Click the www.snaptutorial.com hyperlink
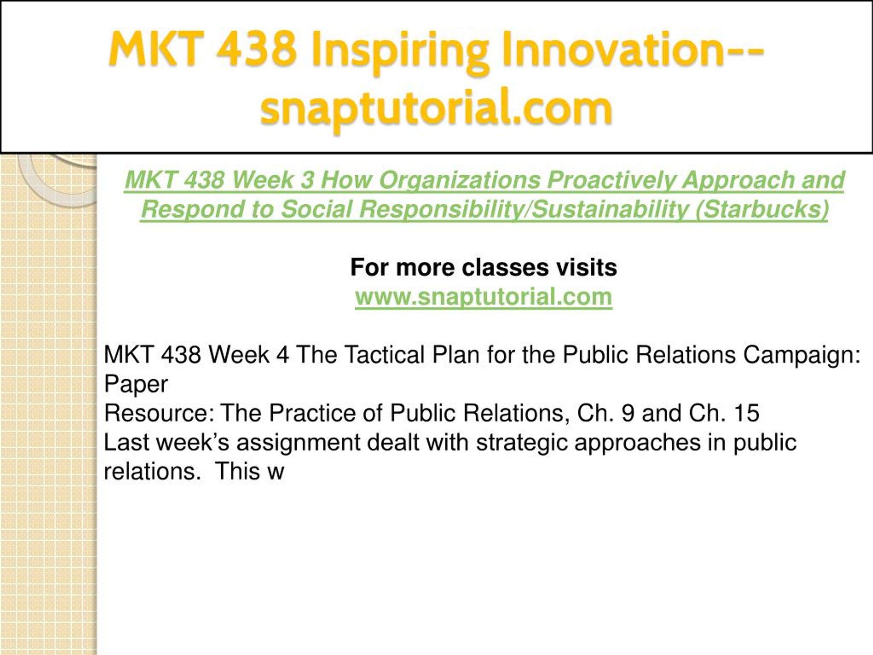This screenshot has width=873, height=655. (484, 296)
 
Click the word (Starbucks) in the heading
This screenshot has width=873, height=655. (762, 209)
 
